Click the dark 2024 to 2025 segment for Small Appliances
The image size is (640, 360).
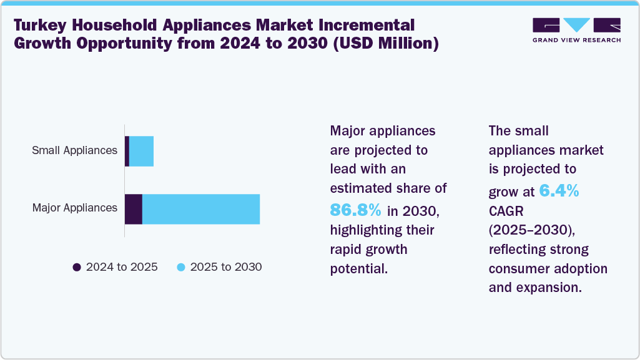127,151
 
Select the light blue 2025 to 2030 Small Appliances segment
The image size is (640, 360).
141,151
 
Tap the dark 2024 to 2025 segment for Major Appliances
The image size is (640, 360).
134,208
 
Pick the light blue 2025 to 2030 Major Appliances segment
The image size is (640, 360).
200,208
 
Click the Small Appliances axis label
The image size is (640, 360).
75,150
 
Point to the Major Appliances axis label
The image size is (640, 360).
75,208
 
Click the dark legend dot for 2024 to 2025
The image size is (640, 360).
77,267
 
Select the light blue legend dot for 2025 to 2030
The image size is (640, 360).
181,267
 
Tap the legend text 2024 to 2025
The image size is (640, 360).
122,267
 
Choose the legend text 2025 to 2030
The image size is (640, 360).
226,267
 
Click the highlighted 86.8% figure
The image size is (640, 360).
355,211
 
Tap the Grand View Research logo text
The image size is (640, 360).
576,40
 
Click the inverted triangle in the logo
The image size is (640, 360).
577,25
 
